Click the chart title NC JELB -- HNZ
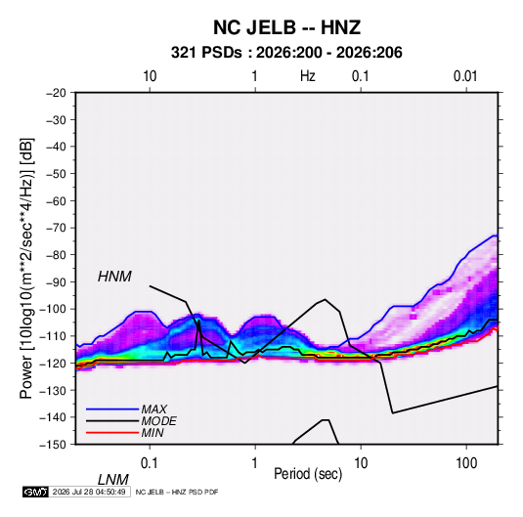286,27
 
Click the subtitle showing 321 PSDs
286,53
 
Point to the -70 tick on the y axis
56,228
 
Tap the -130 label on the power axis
54,390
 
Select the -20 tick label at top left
56,93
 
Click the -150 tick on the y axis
54,445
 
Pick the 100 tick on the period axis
466,463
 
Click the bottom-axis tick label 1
255,463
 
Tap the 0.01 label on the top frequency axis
465,76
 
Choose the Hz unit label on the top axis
308,76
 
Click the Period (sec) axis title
308,474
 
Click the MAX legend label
154,409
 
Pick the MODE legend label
158,421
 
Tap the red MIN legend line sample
112,433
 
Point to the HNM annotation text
114,277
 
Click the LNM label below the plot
112,480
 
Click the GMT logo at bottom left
35,492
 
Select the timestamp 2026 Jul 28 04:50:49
89,492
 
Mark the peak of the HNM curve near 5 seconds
325,299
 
